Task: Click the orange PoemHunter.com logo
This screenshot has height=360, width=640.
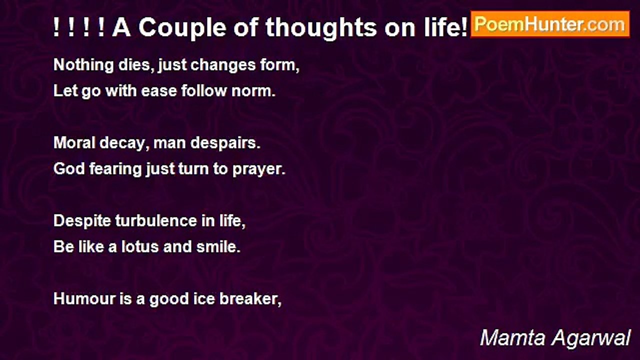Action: tap(550, 24)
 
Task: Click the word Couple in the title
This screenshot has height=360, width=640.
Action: tap(182, 28)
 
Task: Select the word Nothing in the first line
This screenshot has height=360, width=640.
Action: tap(83, 65)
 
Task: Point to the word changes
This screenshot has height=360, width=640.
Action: tap(223, 65)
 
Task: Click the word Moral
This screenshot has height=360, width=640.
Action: tap(74, 143)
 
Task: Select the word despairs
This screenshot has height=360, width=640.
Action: tap(225, 143)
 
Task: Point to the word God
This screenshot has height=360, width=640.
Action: tap(69, 169)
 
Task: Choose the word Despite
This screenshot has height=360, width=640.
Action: tap(82, 221)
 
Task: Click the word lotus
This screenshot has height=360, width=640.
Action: tap(140, 247)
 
